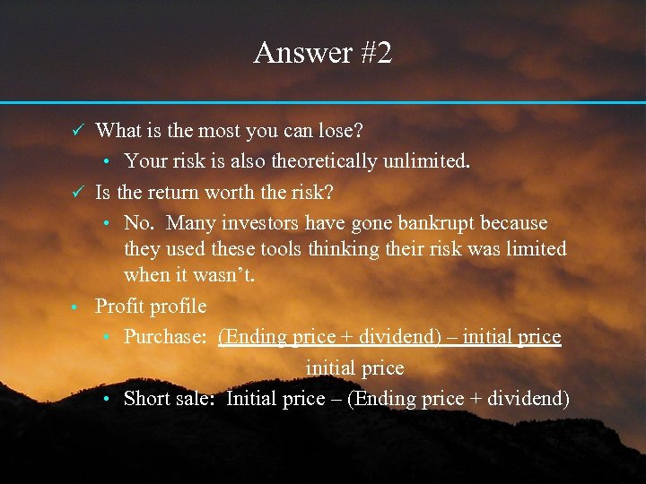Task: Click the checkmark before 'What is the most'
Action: coord(78,131)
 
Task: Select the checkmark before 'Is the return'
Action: coord(78,192)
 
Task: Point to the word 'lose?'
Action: coord(340,131)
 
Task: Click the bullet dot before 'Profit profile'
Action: coord(77,307)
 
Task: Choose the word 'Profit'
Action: coord(121,307)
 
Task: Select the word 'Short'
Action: coord(147,398)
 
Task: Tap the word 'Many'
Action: coord(189,222)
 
